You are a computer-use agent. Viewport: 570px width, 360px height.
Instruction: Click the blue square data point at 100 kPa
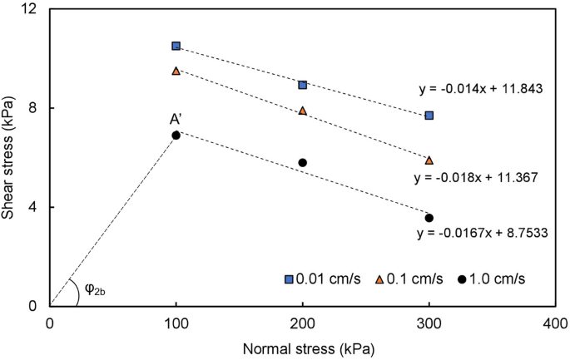[176, 46]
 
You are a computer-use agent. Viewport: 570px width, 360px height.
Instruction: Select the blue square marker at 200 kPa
[303, 85]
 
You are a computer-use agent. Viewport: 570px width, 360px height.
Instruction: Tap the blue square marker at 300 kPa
[429, 116]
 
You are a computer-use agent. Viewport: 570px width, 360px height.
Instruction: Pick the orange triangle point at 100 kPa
[176, 71]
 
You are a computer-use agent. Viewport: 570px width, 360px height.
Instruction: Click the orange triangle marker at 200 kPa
[303, 111]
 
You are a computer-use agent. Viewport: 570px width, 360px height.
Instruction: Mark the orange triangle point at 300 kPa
[429, 160]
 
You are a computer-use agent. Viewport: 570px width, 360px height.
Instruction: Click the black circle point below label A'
[176, 135]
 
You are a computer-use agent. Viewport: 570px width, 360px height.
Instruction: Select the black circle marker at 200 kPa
[303, 162]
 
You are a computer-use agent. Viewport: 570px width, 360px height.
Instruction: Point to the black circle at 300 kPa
[429, 218]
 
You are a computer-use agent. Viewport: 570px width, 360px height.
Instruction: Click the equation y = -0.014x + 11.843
[483, 86]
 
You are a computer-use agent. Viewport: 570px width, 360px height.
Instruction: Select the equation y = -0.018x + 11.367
[475, 177]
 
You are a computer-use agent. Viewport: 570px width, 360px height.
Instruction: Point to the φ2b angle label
[94, 288]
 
